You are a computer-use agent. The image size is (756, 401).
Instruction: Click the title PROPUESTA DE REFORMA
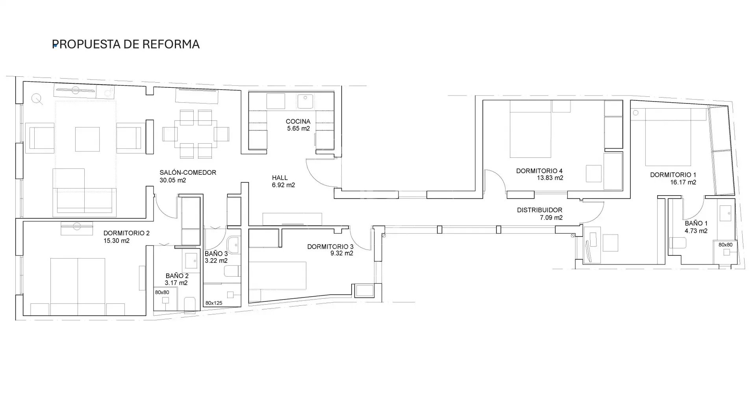[126, 44]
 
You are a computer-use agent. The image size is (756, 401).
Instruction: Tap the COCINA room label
[298, 122]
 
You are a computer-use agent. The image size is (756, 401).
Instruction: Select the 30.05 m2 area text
[173, 180]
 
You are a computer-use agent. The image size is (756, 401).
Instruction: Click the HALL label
[280, 178]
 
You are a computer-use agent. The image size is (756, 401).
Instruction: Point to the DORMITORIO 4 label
[539, 171]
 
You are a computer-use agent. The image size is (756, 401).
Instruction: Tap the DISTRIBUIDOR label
[539, 210]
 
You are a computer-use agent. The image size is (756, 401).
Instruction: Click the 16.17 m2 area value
[683, 182]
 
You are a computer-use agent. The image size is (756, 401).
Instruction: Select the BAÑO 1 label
[696, 224]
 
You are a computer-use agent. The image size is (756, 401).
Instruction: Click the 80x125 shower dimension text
[214, 303]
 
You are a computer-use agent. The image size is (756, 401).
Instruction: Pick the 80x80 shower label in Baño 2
[162, 292]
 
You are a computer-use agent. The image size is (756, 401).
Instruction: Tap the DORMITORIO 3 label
[330, 247]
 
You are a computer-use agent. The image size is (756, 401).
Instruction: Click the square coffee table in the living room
[87, 139]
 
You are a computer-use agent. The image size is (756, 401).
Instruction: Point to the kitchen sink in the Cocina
[305, 102]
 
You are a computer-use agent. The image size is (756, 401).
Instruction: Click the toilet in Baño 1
[678, 243]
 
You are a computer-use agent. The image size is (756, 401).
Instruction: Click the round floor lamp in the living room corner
[37, 99]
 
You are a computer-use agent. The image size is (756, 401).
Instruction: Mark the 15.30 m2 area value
[117, 241]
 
